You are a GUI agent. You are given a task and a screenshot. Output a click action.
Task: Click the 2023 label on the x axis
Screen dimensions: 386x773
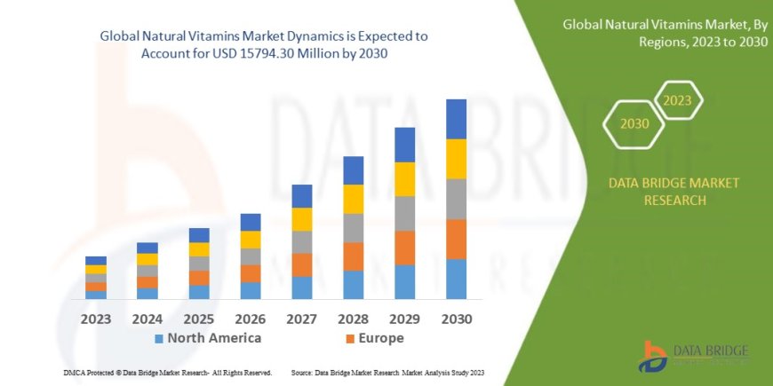click(x=96, y=319)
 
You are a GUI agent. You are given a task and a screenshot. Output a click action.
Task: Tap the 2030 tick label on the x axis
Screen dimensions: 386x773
click(x=456, y=319)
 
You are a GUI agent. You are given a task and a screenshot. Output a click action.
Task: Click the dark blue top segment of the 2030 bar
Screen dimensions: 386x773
click(x=456, y=119)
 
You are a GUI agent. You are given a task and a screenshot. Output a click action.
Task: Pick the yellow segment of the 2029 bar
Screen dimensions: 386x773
click(x=404, y=179)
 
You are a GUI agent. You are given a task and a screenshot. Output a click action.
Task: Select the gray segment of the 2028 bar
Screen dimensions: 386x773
click(x=353, y=228)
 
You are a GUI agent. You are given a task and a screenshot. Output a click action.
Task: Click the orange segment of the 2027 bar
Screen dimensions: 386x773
click(x=301, y=264)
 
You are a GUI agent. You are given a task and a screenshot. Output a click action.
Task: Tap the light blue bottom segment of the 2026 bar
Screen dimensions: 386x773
click(x=251, y=290)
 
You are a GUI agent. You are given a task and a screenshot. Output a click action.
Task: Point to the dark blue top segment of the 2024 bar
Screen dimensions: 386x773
click(x=147, y=248)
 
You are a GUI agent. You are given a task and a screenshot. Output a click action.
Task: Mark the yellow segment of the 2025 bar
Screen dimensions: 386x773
click(x=199, y=249)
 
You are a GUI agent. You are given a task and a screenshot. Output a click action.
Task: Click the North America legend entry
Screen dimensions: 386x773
click(x=208, y=338)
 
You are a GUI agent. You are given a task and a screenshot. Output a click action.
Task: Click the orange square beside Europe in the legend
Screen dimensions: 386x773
click(x=350, y=339)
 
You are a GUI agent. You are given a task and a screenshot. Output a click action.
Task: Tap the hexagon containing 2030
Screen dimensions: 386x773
click(x=634, y=124)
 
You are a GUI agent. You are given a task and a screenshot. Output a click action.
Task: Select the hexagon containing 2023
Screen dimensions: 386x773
click(x=677, y=100)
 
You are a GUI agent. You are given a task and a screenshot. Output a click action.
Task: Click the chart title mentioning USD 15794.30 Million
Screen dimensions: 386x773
click(x=263, y=44)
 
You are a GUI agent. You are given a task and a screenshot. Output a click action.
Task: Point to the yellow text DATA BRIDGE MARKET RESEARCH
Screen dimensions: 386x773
click(x=673, y=191)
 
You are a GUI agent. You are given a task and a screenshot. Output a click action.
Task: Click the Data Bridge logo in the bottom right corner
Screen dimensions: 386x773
click(x=693, y=355)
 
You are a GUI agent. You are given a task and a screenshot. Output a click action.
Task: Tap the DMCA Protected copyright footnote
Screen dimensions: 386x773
click(x=168, y=373)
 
